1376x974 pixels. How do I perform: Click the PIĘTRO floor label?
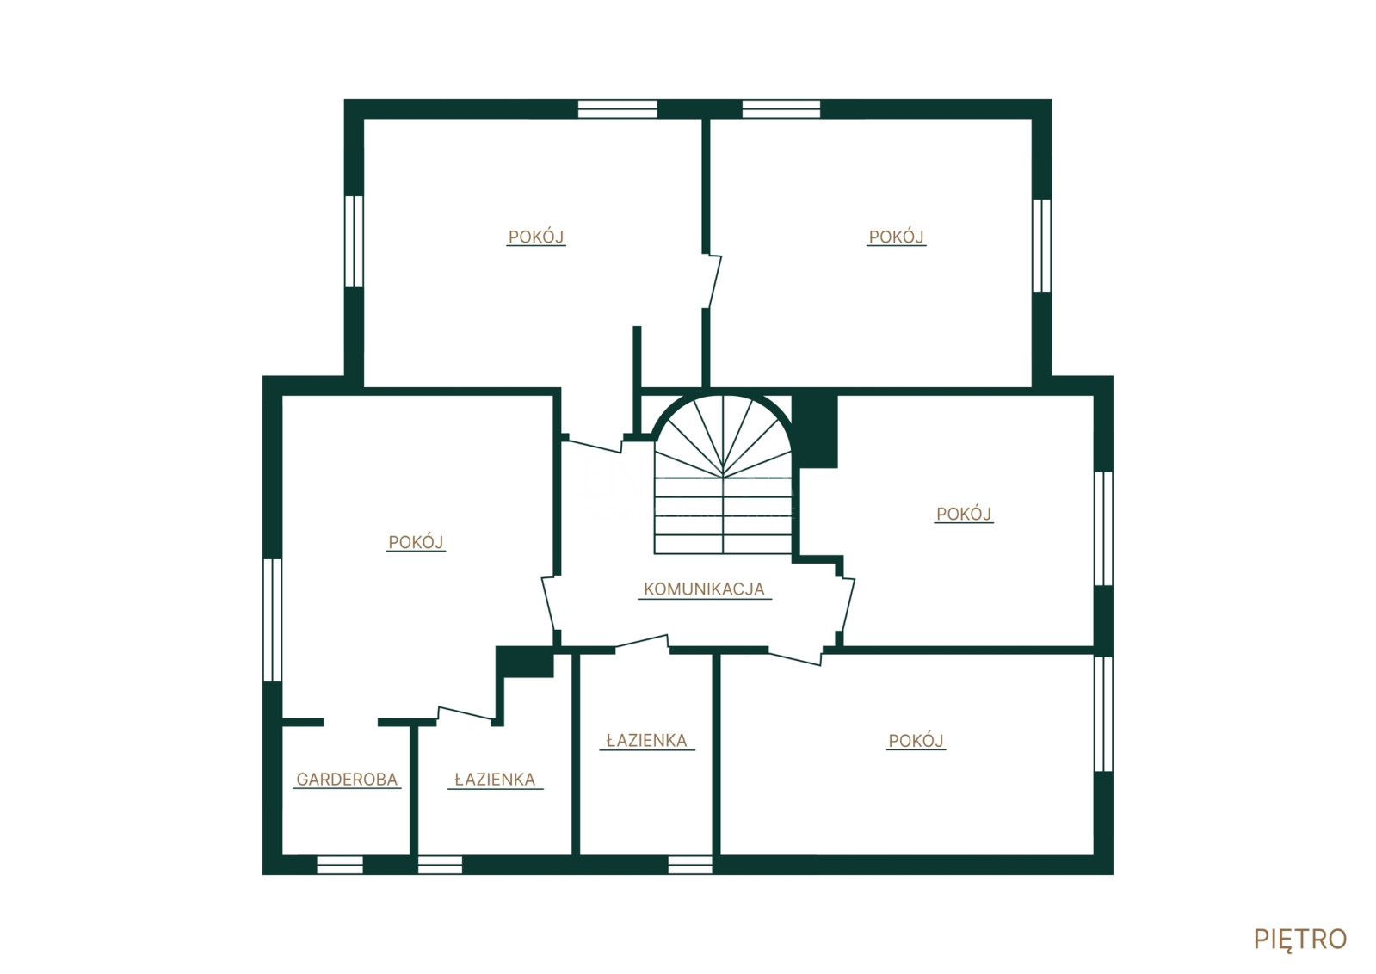pyautogui.click(x=1299, y=940)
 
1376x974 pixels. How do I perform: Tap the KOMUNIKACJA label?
pyautogui.click(x=704, y=589)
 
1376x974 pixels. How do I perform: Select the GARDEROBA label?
pyautogui.click(x=347, y=780)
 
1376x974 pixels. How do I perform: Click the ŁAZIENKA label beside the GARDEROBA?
pyautogui.click(x=495, y=780)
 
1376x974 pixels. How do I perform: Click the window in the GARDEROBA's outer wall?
pyautogui.click(x=340, y=865)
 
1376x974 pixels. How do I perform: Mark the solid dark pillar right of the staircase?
pyautogui.click(x=815, y=431)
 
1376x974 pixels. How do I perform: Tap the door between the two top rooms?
pyautogui.click(x=713, y=281)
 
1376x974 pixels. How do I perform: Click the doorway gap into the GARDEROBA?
pyautogui.click(x=350, y=722)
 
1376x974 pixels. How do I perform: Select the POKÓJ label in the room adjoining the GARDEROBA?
pyautogui.click(x=416, y=542)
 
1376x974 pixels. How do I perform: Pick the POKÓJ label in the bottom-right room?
pyautogui.click(x=916, y=741)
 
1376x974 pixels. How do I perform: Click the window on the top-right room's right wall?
pyautogui.click(x=1042, y=245)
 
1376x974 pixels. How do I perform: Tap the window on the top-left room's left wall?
pyautogui.click(x=354, y=241)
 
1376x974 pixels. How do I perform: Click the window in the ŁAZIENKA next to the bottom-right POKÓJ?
pyautogui.click(x=690, y=865)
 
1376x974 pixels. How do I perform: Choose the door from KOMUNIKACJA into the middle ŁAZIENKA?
pyautogui.click(x=642, y=643)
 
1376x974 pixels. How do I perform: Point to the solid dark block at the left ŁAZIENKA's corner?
pyautogui.click(x=525, y=662)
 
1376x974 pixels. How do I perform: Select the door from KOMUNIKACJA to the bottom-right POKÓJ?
pyautogui.click(x=796, y=657)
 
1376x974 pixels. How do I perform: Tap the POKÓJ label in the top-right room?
pyautogui.click(x=896, y=237)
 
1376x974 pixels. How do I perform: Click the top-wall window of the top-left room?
pyautogui.click(x=617, y=108)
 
